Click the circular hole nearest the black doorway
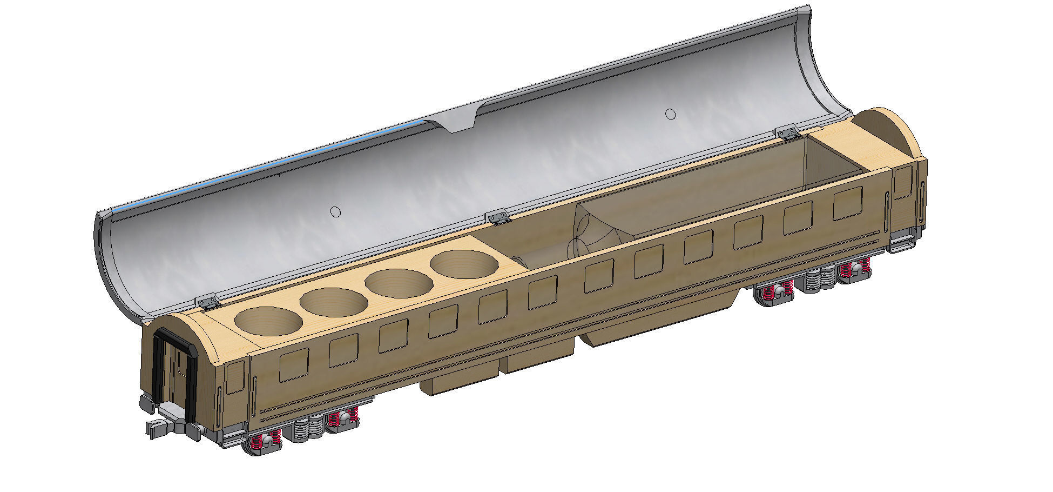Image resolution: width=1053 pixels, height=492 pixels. (x=269, y=322)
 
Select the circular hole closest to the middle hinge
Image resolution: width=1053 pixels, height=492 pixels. (x=464, y=264)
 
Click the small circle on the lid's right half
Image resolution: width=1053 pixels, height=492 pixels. (x=670, y=114)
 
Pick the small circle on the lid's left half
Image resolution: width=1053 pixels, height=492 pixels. (x=335, y=212)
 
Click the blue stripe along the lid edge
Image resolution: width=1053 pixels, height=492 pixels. (x=270, y=168)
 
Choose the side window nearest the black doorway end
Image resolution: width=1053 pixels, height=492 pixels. (x=294, y=364)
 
